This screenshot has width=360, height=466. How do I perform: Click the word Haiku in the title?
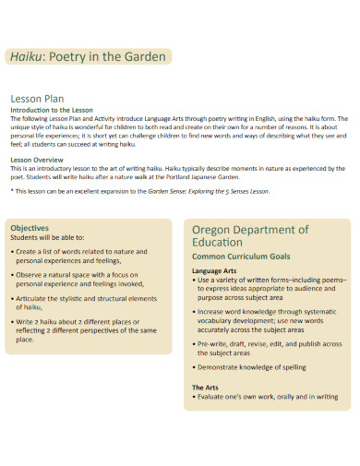click(29, 57)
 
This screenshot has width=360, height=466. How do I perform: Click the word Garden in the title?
click(143, 57)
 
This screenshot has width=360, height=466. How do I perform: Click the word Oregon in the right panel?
click(215, 229)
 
